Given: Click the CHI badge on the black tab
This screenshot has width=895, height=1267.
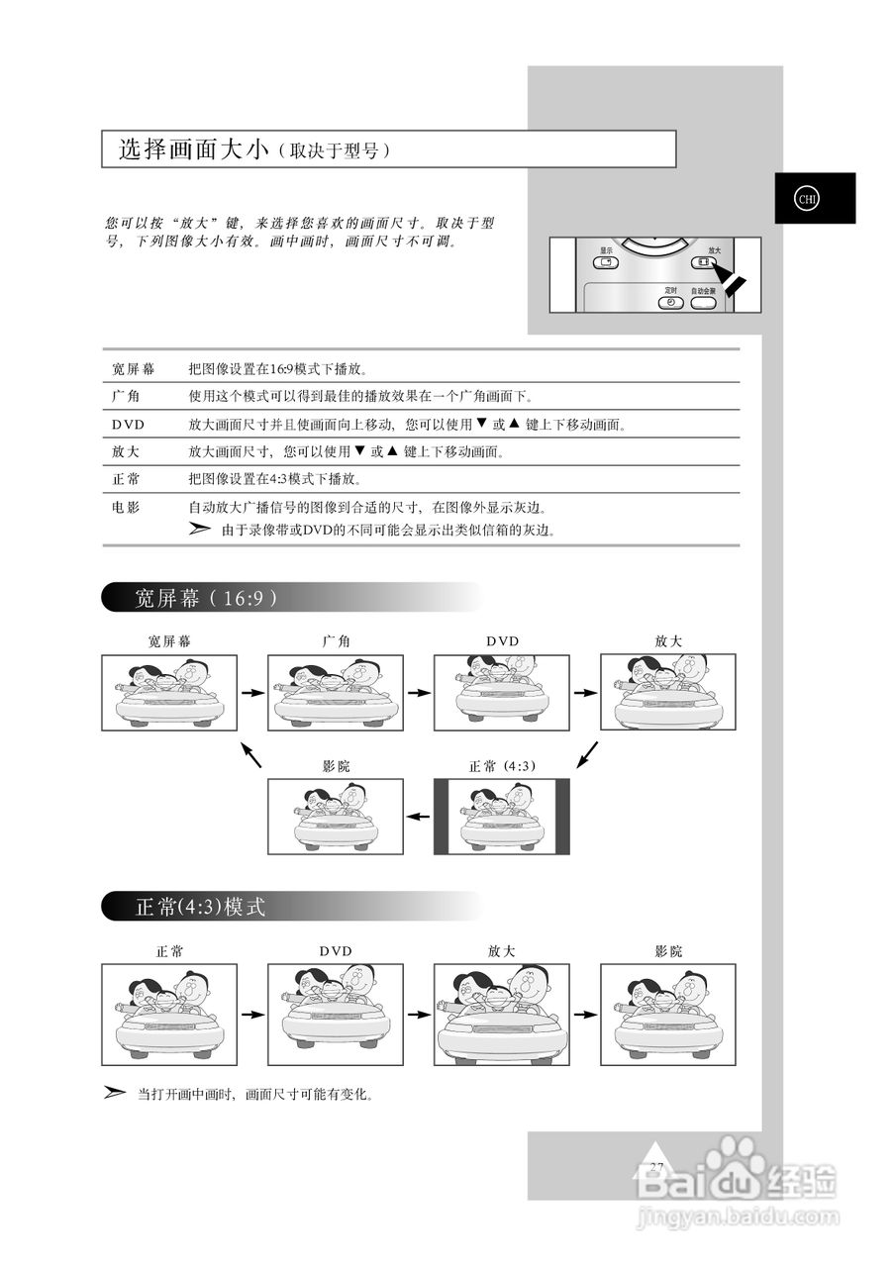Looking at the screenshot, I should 807,198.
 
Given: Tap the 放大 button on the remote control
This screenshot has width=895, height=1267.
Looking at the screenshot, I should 702,263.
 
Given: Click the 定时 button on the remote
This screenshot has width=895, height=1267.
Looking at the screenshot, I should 670,301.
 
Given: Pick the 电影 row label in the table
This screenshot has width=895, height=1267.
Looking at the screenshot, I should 126,508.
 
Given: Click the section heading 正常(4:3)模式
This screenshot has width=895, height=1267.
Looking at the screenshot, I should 200,907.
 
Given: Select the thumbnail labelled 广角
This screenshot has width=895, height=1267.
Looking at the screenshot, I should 336,692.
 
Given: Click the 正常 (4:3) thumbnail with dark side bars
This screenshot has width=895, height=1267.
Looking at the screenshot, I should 502,817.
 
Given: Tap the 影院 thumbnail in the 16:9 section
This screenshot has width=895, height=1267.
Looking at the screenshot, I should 336,817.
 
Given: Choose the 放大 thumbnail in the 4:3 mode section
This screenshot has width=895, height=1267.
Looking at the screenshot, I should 502,1015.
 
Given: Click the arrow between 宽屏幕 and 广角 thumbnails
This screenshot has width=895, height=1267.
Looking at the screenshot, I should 252,692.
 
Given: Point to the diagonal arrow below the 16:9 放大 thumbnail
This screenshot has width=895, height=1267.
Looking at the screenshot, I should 587,754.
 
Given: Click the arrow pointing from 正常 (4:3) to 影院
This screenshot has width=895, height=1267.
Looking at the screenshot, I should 419,817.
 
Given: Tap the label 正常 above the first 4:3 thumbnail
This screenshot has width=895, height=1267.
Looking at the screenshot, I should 169,951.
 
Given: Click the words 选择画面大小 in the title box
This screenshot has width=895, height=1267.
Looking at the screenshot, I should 193,150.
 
